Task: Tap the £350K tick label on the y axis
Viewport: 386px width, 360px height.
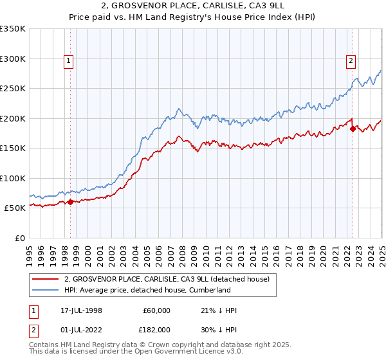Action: [x=13, y=29]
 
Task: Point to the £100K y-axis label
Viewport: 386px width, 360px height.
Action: [x=13, y=178]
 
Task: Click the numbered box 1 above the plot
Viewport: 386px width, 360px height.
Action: [x=69, y=62]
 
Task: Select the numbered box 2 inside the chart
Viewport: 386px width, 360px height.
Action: [x=351, y=62]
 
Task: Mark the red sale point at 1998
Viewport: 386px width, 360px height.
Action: [x=70, y=202]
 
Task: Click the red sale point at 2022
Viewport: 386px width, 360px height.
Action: [x=353, y=129]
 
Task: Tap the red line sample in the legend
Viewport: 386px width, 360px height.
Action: [x=46, y=279]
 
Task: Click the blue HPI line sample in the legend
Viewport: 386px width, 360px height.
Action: [x=46, y=290]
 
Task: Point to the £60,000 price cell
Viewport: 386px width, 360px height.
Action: [x=156, y=310]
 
